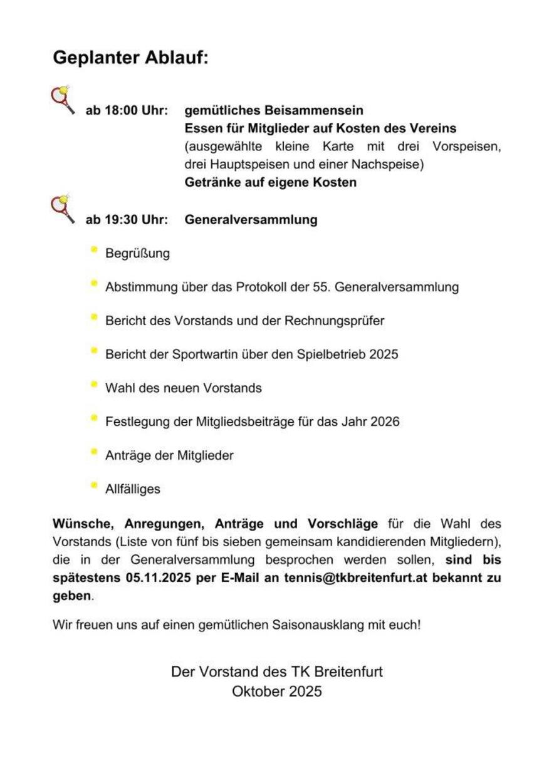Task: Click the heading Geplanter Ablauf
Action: [130, 58]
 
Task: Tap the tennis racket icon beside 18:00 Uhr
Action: [62, 100]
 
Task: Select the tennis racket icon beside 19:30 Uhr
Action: [62, 209]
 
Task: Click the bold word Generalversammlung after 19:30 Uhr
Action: [251, 220]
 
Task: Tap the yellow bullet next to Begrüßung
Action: [94, 250]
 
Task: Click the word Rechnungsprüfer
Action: [334, 321]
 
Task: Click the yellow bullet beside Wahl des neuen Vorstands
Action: [94, 384]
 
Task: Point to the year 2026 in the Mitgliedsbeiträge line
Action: [385, 422]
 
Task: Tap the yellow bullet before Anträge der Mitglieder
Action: [94, 452]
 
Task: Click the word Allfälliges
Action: [133, 489]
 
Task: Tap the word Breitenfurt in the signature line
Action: [347, 672]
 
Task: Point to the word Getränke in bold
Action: [211, 182]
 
